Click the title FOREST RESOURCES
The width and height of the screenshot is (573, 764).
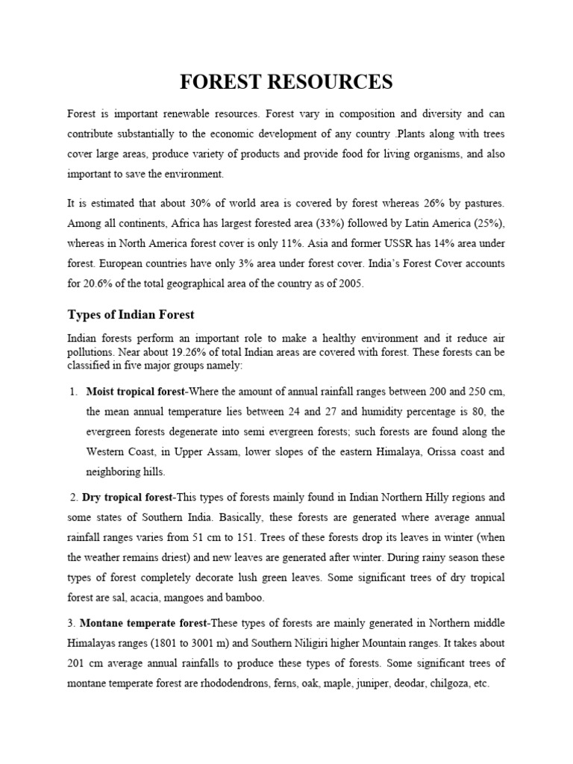(286, 82)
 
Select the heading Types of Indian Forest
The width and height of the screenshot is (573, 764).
(131, 314)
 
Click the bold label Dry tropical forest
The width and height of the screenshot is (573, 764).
(127, 497)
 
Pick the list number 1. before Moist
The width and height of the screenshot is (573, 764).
(73, 391)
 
